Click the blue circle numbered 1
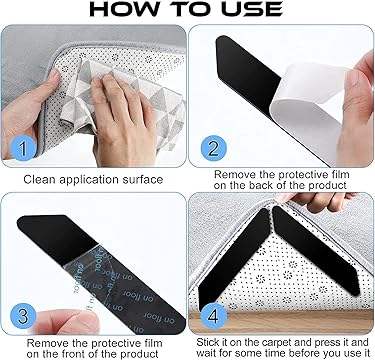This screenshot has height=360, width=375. pyautogui.click(x=23, y=148)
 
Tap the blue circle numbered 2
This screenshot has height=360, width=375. pyautogui.click(x=213, y=148)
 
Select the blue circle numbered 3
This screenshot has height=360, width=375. pyautogui.click(x=23, y=316)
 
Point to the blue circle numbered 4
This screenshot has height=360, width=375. pyautogui.click(x=213, y=316)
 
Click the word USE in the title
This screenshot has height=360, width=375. pyautogui.click(x=252, y=9)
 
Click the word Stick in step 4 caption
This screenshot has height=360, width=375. pyautogui.click(x=207, y=342)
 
